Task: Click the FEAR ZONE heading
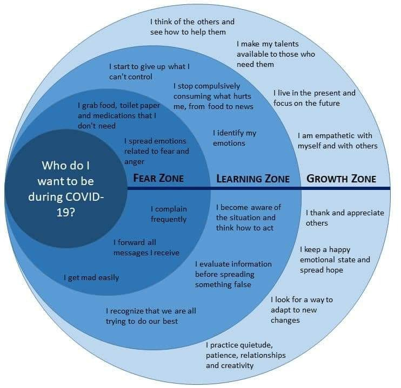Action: (x=158, y=178)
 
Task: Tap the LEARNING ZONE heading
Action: (x=253, y=179)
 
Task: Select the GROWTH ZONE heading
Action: (x=341, y=179)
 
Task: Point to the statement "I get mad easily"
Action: (x=91, y=278)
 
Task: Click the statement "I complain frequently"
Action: (x=169, y=214)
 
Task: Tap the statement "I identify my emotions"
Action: (x=235, y=138)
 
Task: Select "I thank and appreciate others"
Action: (x=345, y=218)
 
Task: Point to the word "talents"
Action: (x=286, y=44)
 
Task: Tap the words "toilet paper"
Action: (x=140, y=105)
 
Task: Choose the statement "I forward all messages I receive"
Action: (x=146, y=248)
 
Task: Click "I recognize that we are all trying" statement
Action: (x=151, y=316)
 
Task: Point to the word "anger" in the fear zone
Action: (x=134, y=162)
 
